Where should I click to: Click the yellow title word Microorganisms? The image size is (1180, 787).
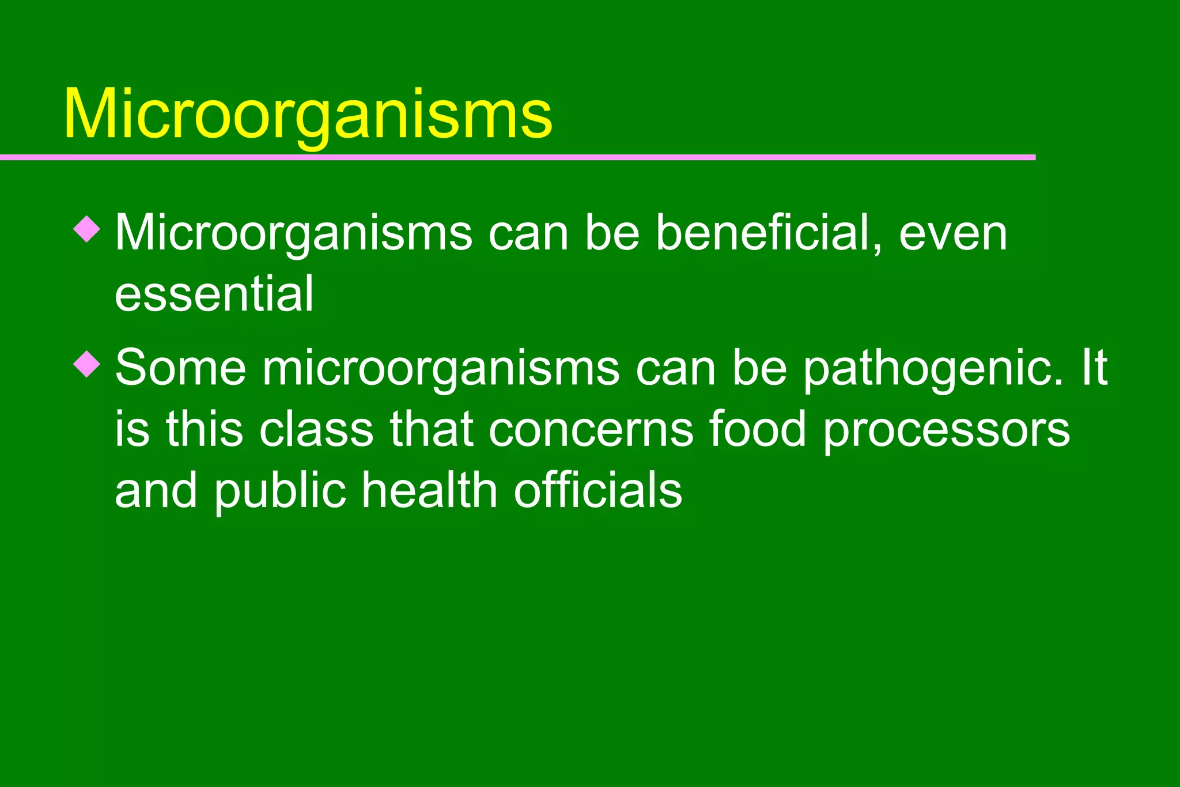308,113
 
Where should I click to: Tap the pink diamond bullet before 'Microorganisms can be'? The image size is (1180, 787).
87,229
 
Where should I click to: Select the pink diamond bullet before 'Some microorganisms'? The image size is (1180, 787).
87,364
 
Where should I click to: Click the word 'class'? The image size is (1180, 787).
316,429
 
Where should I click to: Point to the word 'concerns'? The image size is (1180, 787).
591,429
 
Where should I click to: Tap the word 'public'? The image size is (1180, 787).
281,491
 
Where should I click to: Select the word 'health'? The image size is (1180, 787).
429,491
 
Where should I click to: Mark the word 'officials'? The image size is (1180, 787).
597,491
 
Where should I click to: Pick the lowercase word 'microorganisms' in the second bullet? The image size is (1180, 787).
441,369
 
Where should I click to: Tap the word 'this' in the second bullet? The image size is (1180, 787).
205,429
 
